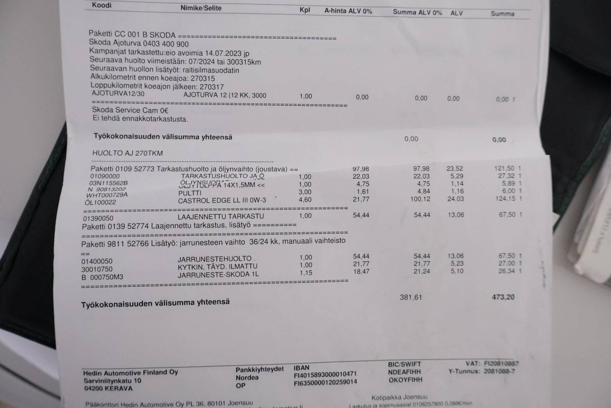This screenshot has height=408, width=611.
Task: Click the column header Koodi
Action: pos(102,5)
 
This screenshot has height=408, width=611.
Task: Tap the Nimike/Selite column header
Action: pos(201,8)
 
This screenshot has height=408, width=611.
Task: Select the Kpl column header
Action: pos(305,10)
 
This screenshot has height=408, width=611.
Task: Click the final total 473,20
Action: pos(503,297)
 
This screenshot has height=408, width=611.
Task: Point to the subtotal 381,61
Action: pos(411,297)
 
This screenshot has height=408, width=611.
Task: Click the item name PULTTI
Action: pos(190,193)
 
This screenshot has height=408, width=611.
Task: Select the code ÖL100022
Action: pos(100,202)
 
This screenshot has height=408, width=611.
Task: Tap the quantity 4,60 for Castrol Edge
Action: pos(305,199)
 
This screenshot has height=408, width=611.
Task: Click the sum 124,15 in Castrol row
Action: pos(505,199)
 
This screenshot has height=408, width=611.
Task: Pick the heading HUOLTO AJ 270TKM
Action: pos(127,153)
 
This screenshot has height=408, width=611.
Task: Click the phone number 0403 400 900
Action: pos(166,44)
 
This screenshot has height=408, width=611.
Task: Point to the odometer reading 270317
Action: pos(212,87)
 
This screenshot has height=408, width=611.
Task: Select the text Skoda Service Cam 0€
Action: pos(130,110)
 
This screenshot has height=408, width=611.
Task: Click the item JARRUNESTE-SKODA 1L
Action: pos(218,274)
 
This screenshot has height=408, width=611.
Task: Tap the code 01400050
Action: pos(97,261)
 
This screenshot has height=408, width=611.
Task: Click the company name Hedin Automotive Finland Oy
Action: pos(130,372)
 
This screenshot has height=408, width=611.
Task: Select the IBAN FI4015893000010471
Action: pos(325,375)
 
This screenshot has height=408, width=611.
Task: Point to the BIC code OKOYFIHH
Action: pos(405,380)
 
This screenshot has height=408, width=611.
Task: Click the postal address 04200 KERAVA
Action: pos(108,388)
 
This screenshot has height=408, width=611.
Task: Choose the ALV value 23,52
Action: pos(454,168)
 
